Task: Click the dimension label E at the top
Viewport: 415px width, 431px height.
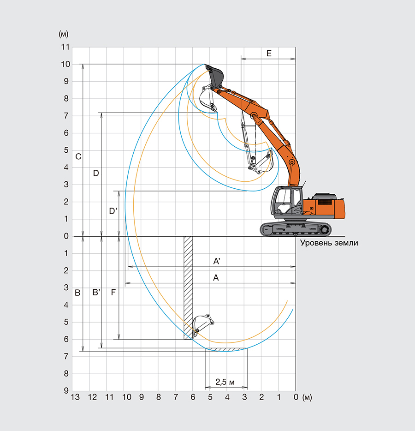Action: tap(269, 54)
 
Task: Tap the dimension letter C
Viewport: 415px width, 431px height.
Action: tap(78, 156)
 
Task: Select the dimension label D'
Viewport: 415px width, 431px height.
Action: tap(113, 211)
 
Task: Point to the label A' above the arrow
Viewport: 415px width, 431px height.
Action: tap(217, 261)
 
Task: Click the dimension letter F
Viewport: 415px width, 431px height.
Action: tap(113, 293)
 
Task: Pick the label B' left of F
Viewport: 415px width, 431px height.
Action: tap(96, 293)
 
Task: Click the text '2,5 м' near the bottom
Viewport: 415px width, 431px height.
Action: tap(225, 382)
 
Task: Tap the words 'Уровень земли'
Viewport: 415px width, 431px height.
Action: tap(329, 243)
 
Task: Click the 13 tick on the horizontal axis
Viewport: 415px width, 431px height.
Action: tap(75, 397)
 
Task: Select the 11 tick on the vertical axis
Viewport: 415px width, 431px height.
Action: tap(65, 47)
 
